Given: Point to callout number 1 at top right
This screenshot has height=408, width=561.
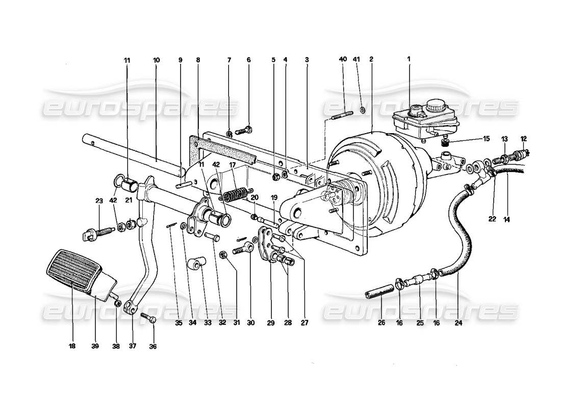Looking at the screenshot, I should click(x=408, y=60).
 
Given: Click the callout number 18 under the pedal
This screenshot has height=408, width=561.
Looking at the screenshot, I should click(x=71, y=346).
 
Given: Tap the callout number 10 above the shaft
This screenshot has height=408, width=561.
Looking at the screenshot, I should click(x=156, y=60).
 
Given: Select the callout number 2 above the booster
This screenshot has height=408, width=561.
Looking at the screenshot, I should click(x=371, y=60).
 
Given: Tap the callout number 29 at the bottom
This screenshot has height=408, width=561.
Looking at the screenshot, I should click(x=270, y=322).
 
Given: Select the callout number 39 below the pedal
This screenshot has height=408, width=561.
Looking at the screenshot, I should click(x=96, y=346).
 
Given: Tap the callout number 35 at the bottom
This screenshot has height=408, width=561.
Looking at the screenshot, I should click(x=178, y=322).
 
